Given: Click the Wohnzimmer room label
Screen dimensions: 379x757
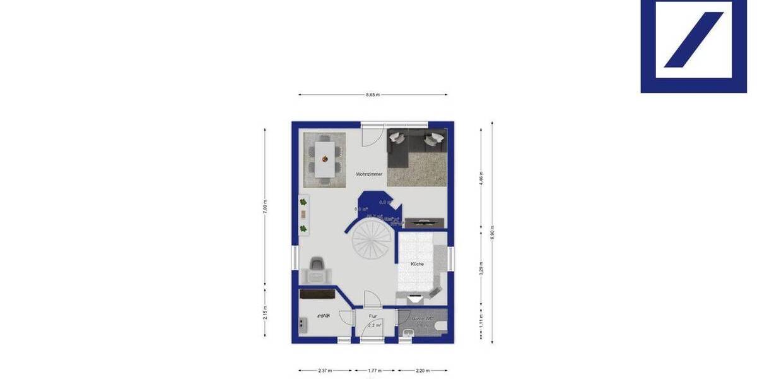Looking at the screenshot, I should click(x=369, y=174).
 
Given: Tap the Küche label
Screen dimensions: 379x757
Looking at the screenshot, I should click(x=417, y=264).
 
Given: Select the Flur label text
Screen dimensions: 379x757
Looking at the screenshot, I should click(x=373, y=316).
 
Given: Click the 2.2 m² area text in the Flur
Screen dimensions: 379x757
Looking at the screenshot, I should click(x=375, y=325).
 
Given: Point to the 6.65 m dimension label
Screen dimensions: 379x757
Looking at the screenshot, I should click(x=372, y=95).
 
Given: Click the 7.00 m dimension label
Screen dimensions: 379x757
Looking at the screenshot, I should click(x=265, y=207).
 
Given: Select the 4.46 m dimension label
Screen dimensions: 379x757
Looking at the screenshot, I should click(x=481, y=177).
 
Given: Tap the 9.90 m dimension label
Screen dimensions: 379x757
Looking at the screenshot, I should click(x=493, y=232).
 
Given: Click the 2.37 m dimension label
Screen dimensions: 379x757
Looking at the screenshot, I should click(x=325, y=371).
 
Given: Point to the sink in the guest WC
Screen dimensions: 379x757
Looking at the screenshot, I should click(x=406, y=334).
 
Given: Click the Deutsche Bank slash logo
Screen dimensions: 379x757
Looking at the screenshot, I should click(x=694, y=39).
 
